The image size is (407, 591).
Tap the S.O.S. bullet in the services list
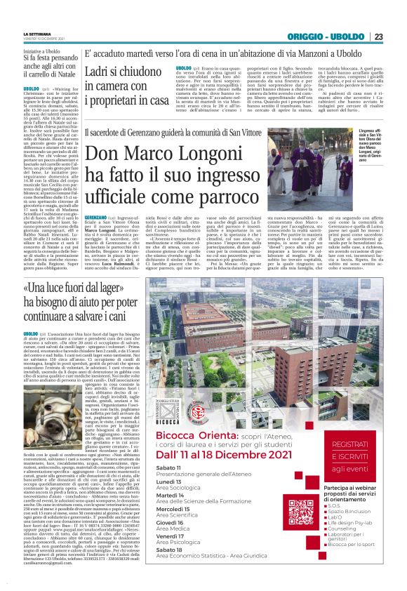coord(335,505)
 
